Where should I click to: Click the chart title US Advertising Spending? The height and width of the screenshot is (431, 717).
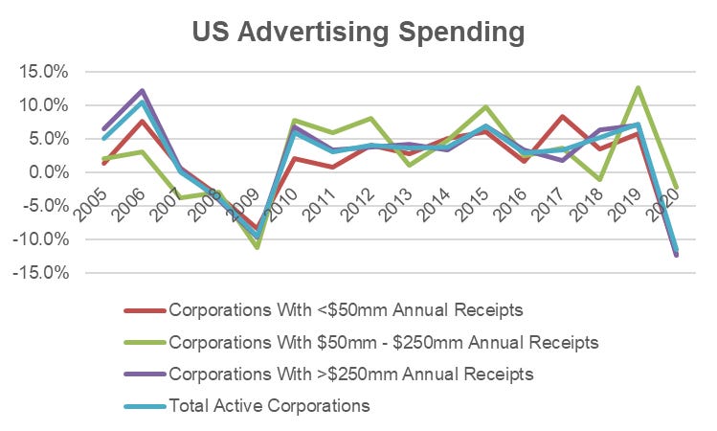(358, 32)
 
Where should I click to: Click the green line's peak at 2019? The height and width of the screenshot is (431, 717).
(637, 88)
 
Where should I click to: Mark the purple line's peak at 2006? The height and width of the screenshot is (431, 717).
(142, 91)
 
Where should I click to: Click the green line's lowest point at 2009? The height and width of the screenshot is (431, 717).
(257, 247)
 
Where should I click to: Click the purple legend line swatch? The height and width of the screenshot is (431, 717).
(145, 374)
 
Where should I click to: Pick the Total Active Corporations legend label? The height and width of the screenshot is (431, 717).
(269, 405)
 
